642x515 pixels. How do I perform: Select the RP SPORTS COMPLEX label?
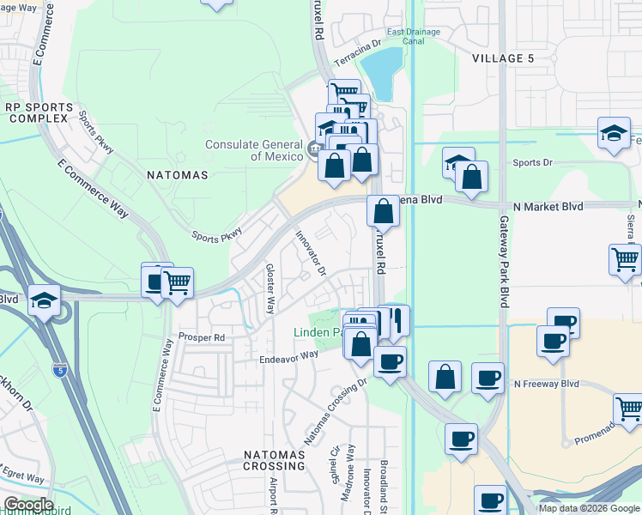(36, 112)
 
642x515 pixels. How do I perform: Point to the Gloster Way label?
(270, 288)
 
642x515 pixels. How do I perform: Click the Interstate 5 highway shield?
(59, 371)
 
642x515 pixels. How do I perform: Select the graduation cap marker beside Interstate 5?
(44, 301)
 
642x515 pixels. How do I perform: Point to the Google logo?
(27, 505)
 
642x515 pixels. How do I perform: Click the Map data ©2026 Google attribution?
(589, 508)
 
